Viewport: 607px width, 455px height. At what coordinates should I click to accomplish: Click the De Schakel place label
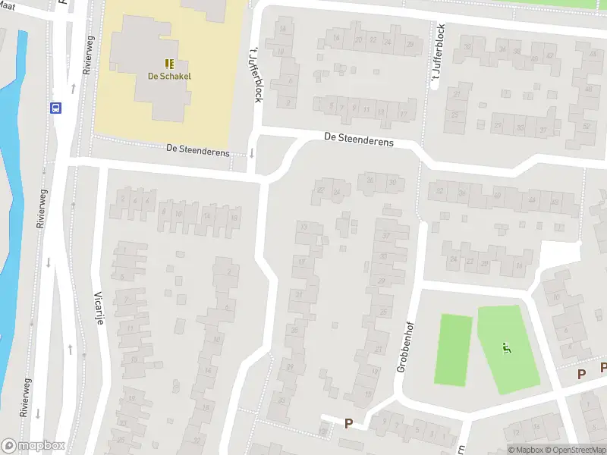(169, 76)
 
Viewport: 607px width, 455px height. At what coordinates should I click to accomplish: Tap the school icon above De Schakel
(169, 64)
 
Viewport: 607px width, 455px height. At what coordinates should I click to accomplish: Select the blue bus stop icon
(56, 108)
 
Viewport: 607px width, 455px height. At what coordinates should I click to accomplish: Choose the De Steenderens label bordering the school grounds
(197, 150)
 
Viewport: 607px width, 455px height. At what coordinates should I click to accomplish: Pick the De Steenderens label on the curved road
(358, 140)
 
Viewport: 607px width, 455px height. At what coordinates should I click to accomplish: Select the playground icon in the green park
(506, 349)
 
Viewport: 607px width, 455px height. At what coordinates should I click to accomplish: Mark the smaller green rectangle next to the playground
(453, 350)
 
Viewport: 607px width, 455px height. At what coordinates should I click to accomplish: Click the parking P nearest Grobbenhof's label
(349, 423)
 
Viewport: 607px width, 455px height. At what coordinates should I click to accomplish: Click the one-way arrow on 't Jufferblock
(251, 154)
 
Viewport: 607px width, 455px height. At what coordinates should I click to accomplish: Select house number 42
(549, 55)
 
